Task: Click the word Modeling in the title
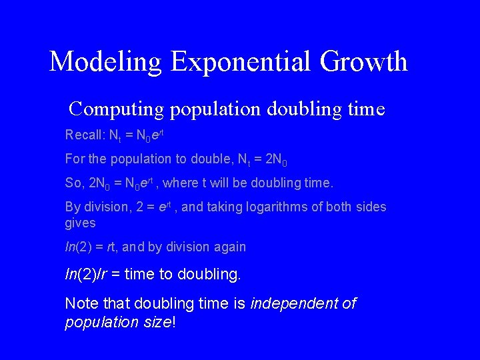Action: (x=105, y=62)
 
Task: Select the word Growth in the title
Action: (x=363, y=62)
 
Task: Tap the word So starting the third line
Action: (x=73, y=183)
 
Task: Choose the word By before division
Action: (x=73, y=207)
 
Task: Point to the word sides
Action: (x=371, y=207)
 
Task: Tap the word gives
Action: (x=80, y=223)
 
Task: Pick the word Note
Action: (x=80, y=304)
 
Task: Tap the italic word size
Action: (x=157, y=323)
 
